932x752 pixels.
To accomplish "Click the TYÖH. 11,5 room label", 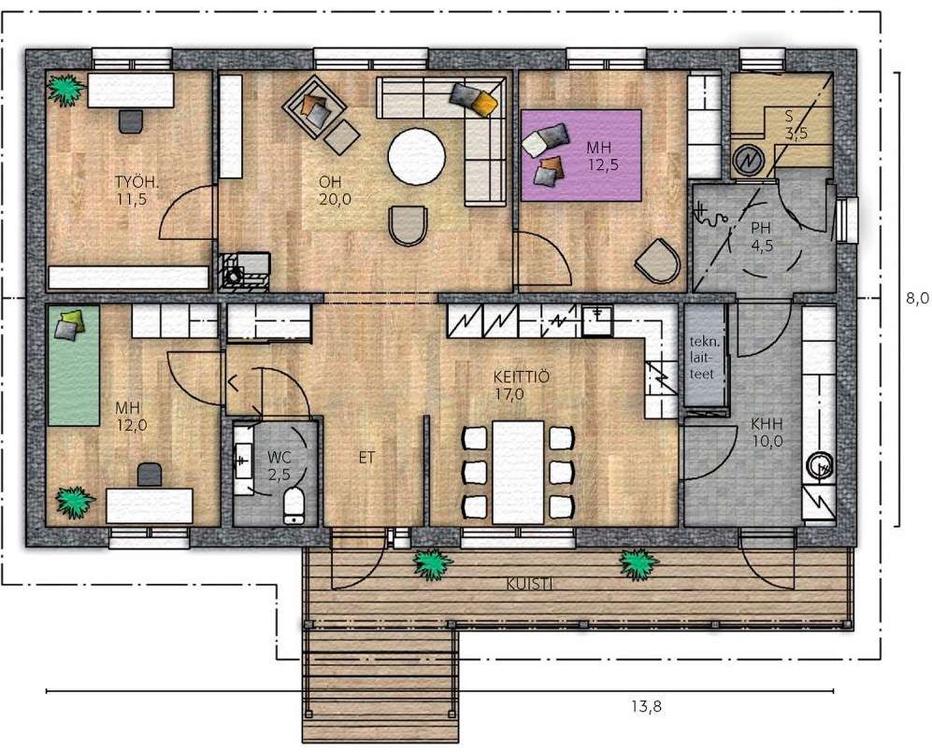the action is click(132, 191).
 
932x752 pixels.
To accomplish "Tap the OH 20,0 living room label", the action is click(334, 191).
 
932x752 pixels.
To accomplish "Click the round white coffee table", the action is click(417, 157).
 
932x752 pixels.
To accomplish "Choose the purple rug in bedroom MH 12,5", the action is click(581, 156).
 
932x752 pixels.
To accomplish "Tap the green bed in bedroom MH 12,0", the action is click(74, 365).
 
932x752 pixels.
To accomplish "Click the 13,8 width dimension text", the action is click(647, 707).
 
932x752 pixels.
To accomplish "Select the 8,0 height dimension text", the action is click(917, 299).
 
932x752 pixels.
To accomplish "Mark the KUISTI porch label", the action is click(530, 585).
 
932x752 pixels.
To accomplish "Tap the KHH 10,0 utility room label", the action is click(767, 433).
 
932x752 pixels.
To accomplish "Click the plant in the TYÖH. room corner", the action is click(65, 90).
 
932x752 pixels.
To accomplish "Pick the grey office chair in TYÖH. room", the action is click(131, 121).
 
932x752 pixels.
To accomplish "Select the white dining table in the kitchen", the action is click(518, 473).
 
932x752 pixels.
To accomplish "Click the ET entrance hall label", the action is click(366, 458).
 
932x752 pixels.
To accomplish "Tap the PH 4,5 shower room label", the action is click(762, 236).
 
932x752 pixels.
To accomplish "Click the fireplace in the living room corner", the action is click(244, 272).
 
